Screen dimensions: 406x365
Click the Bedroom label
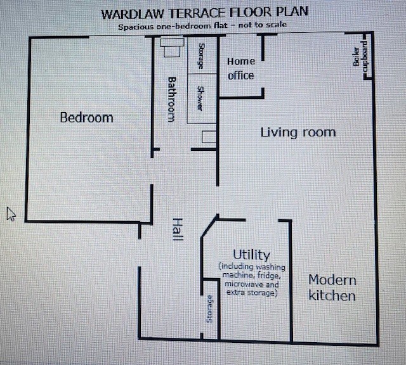tap(87, 118)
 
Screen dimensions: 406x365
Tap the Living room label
tap(298, 132)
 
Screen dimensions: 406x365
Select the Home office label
tap(241, 68)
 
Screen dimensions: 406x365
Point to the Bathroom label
tap(171, 99)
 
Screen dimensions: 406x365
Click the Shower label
tap(200, 98)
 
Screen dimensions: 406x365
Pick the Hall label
tap(178, 229)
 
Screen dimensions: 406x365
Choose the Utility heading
tap(251, 255)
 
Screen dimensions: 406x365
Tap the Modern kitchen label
tap(332, 288)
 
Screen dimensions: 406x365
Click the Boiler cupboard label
tap(361, 56)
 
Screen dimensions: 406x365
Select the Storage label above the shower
tap(201, 56)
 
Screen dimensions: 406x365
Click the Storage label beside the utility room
tap(209, 309)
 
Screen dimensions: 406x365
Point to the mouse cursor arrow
tap(11, 214)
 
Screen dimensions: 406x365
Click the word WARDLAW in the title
tap(134, 14)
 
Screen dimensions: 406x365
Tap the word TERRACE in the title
tap(197, 13)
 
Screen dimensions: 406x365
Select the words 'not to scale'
tap(262, 25)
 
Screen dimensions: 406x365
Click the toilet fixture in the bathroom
tap(172, 48)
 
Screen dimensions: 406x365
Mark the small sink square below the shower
tap(209, 137)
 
